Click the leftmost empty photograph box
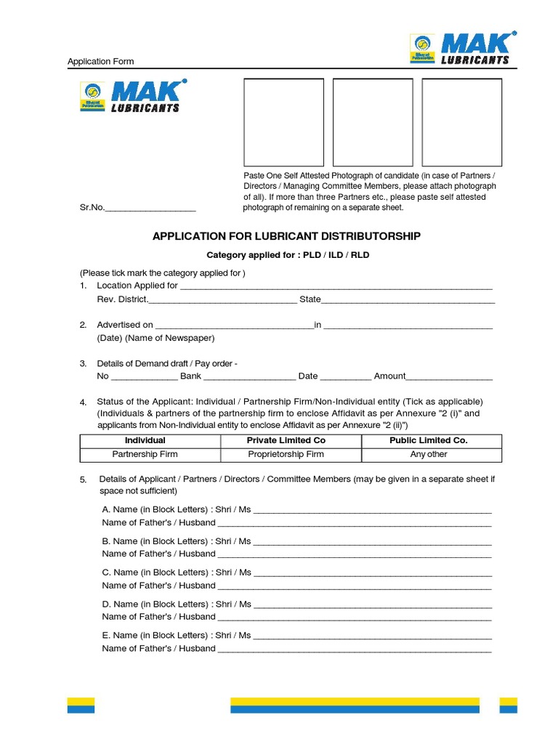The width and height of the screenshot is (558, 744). coord(283,122)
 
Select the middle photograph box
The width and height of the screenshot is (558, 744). coord(373,122)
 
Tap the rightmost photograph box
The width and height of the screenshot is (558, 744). coord(462,122)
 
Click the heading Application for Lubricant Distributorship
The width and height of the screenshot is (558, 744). coord(286,236)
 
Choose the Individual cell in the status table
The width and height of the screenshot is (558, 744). coord(145,440)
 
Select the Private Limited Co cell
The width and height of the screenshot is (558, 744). coord(286,440)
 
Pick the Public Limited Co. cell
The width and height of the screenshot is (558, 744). coord(429,440)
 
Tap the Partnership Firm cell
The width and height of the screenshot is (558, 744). coord(145,454)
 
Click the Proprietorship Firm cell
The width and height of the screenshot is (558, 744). coord(286,454)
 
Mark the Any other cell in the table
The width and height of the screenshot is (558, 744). coord(429,454)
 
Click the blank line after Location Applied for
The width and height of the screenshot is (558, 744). coord(336,286)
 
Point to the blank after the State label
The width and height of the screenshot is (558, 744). coord(408,299)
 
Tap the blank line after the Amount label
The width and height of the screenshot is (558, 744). coord(449,376)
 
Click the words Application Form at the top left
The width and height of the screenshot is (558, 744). coord(100,62)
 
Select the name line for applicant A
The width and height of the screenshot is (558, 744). coord(372,510)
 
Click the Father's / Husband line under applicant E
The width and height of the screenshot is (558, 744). coord(355,648)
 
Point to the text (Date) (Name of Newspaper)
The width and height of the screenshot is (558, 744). coord(155,339)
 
